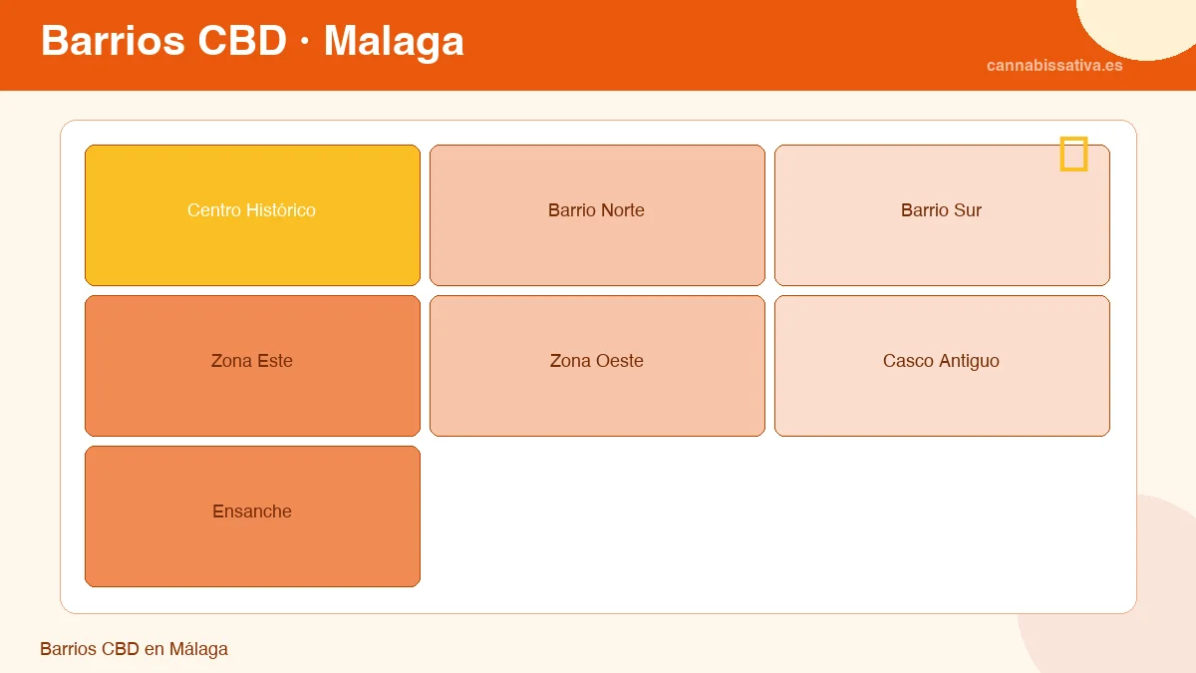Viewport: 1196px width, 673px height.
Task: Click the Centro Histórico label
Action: coord(251,210)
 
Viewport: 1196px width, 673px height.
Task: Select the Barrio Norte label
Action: coord(596,210)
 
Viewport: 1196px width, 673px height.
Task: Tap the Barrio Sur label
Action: coord(941,210)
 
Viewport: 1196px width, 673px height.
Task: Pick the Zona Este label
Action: coord(251,361)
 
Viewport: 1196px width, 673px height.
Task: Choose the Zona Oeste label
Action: coord(596,361)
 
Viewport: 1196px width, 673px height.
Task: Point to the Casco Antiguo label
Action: coord(941,361)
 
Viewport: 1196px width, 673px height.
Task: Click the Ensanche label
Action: coord(251,511)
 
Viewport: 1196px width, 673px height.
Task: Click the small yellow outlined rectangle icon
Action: coord(1073,155)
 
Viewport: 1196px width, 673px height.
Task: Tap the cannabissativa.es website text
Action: coord(1054,66)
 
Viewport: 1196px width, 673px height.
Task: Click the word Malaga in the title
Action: coord(394,41)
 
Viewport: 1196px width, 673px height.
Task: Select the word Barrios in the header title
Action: coord(113,41)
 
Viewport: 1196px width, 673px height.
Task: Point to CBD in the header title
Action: coord(242,41)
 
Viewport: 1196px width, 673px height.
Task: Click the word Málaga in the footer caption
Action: coord(198,649)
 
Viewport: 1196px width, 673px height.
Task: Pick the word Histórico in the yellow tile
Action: coord(279,210)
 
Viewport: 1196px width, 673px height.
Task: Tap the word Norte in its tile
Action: coord(621,210)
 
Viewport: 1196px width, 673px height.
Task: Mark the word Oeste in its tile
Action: coord(619,361)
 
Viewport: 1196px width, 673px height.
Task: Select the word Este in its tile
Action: coord(275,361)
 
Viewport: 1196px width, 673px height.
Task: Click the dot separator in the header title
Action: coord(305,43)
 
